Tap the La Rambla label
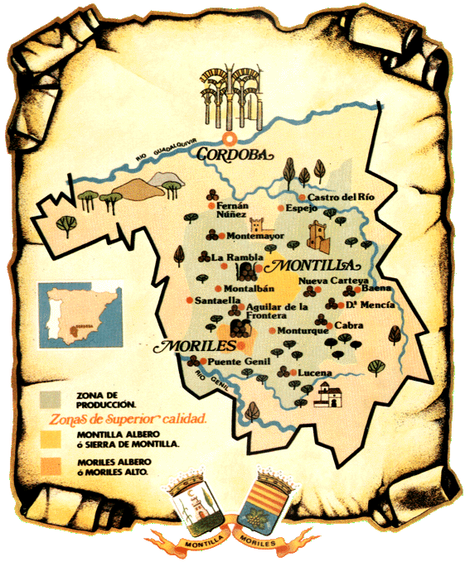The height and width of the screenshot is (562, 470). click(x=230, y=257)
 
